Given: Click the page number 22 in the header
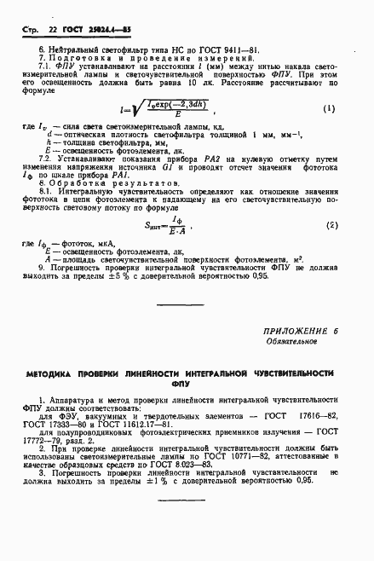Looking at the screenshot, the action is coord(52,28).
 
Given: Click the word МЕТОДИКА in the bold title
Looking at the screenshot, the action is coord(56,373).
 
